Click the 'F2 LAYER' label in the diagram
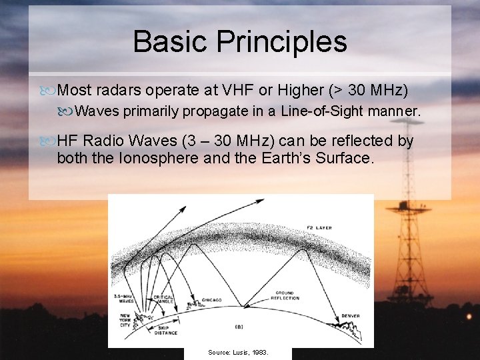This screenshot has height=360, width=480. pyautogui.click(x=318, y=227)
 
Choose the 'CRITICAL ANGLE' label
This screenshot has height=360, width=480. pyautogui.click(x=163, y=300)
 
